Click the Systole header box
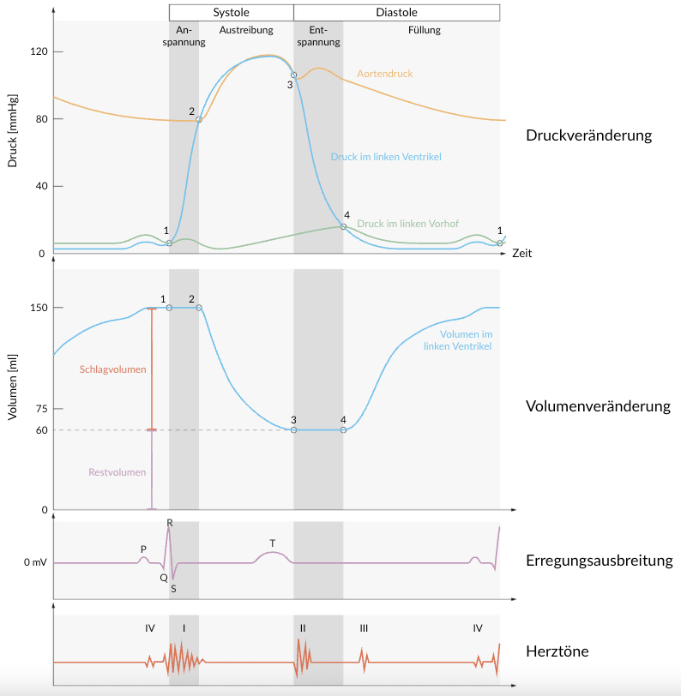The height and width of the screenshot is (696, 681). (x=231, y=12)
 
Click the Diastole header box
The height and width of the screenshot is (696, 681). (x=396, y=12)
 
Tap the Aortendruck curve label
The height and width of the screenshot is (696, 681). (x=384, y=75)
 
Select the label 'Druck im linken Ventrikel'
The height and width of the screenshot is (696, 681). (x=385, y=157)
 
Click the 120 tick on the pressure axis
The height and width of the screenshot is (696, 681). (x=38, y=51)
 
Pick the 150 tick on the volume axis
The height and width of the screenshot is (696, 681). (x=38, y=307)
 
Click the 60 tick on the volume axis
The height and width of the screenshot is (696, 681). (x=40, y=429)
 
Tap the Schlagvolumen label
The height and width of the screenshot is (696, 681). (x=112, y=369)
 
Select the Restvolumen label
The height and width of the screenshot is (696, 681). (x=118, y=472)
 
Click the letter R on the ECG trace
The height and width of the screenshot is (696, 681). (x=170, y=522)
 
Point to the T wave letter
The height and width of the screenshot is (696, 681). (x=272, y=543)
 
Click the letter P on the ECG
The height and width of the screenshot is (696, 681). (x=143, y=549)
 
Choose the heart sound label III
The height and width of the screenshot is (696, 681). (x=364, y=628)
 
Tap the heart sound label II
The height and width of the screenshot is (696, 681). (x=303, y=628)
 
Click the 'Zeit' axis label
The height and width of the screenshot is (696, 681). (x=522, y=254)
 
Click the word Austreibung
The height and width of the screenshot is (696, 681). (x=246, y=30)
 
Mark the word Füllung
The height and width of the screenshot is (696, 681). (x=424, y=30)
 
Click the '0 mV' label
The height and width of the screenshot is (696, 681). (x=33, y=563)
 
